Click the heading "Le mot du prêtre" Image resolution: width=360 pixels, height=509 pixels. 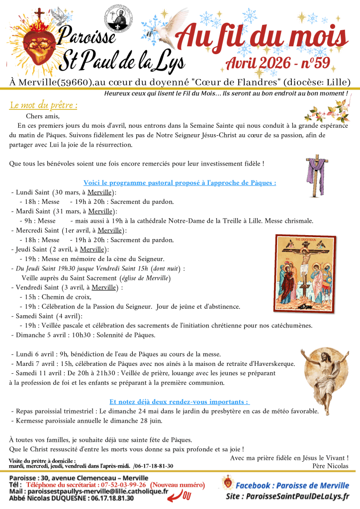(x=43, y=105)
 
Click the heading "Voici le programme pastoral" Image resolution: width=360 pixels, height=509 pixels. (x=180, y=182)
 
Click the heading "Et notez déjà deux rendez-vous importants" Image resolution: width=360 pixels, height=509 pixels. (x=180, y=402)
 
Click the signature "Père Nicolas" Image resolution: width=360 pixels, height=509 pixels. (x=331, y=466)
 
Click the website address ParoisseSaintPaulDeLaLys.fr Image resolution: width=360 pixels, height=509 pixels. (x=294, y=496)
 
